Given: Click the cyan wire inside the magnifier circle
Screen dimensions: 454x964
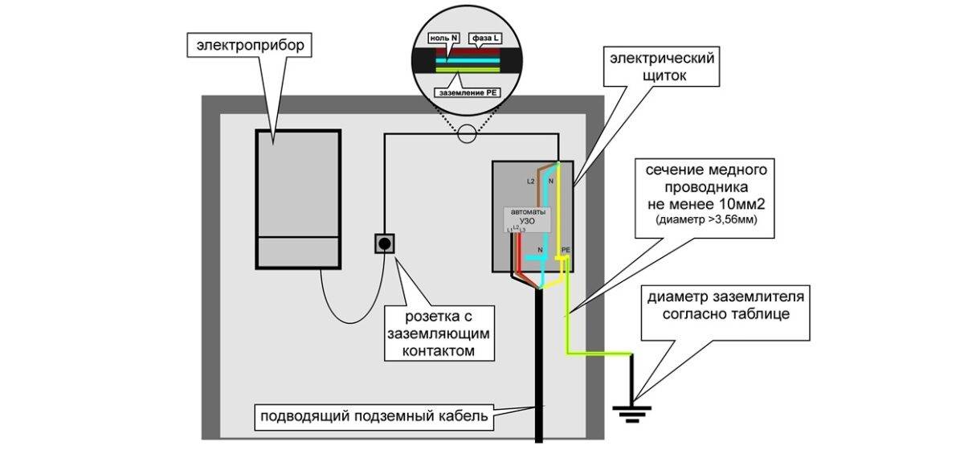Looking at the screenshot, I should [x=466, y=63].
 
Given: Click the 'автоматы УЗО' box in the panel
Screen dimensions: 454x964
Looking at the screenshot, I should [x=527, y=219].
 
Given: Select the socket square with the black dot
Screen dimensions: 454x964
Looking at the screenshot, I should [x=385, y=243].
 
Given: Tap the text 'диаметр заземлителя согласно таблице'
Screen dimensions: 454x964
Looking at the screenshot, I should [x=720, y=305].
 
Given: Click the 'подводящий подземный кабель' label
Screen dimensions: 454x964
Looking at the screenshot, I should [x=374, y=418].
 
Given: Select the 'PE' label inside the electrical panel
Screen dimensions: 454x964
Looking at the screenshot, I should [x=566, y=251].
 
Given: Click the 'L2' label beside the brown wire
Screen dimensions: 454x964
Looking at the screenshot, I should [x=531, y=182].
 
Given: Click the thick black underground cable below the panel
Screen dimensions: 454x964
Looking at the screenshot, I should [x=539, y=362].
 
